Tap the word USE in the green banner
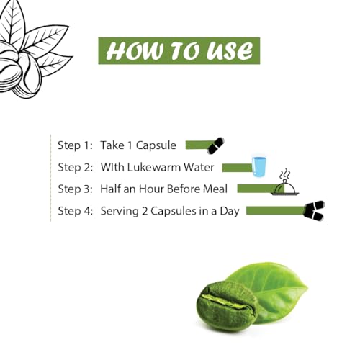(x=230, y=51)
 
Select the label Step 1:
(x=75, y=145)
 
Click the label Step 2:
(x=76, y=167)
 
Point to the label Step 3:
(x=76, y=189)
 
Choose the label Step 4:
(x=76, y=211)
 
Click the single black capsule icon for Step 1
(x=215, y=145)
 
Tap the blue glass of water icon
(x=259, y=166)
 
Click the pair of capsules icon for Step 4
(x=314, y=210)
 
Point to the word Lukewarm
(x=154, y=167)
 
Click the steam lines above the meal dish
(x=285, y=174)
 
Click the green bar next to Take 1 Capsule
(x=199, y=145)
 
